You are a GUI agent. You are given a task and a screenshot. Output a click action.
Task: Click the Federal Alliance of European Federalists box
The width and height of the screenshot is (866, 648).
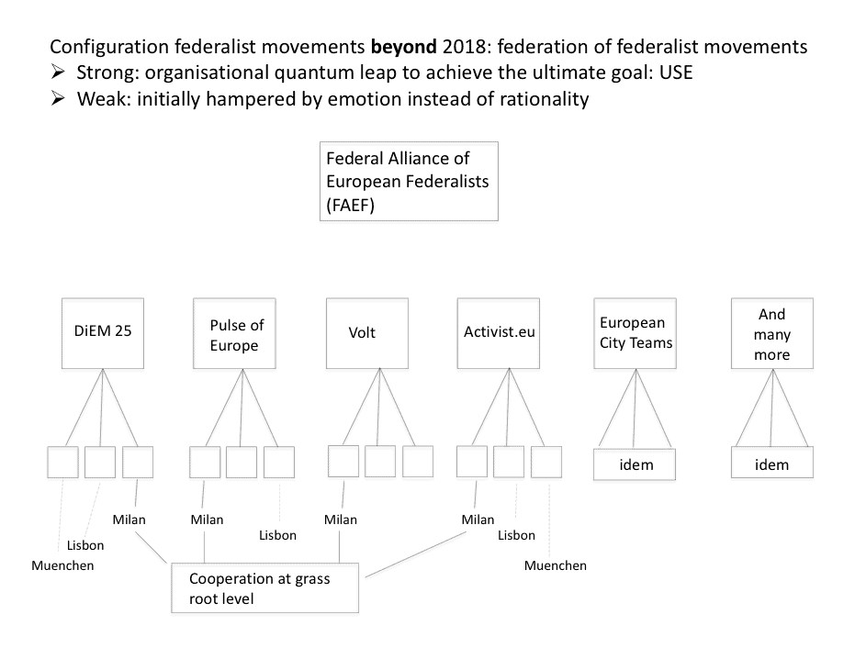[x=409, y=181]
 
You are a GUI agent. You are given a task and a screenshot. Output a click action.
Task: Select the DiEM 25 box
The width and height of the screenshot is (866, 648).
[x=103, y=333]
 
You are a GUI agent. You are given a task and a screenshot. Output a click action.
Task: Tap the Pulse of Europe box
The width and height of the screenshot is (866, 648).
[x=234, y=333]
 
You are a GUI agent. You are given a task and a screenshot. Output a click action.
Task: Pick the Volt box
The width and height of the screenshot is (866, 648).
[x=367, y=333]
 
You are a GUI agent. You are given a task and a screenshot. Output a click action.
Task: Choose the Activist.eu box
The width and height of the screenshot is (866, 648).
[x=498, y=333]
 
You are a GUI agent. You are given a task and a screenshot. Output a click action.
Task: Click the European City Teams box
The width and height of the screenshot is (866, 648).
[x=635, y=333]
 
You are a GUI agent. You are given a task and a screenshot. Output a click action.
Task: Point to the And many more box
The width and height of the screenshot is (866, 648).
[x=772, y=333]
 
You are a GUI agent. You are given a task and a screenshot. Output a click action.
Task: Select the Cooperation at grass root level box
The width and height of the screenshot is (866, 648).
[x=265, y=587]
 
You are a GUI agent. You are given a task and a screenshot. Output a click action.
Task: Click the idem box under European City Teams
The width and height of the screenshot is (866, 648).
[x=635, y=464]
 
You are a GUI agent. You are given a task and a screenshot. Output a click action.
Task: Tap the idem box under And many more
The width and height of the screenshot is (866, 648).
[x=772, y=464]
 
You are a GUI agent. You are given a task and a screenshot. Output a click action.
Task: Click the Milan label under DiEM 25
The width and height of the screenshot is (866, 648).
[x=129, y=520]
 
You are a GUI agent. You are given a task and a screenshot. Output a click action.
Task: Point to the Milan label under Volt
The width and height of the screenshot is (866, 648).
[x=340, y=520]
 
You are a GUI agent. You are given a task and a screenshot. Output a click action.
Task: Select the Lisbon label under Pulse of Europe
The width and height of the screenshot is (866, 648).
[x=278, y=535]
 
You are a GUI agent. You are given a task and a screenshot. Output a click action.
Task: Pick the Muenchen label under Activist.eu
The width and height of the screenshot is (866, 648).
[x=555, y=565]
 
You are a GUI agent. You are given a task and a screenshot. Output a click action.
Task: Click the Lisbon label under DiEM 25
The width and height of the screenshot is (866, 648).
[x=85, y=545]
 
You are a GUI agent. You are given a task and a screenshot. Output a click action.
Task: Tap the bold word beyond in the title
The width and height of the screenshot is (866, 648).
[x=404, y=47]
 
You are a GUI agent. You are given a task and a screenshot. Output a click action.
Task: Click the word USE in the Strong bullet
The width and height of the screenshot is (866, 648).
[x=676, y=73]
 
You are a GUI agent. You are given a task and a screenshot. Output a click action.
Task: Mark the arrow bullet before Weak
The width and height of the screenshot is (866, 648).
[x=58, y=98]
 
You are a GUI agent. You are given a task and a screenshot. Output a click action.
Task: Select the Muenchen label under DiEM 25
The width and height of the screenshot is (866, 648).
[x=62, y=565]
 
